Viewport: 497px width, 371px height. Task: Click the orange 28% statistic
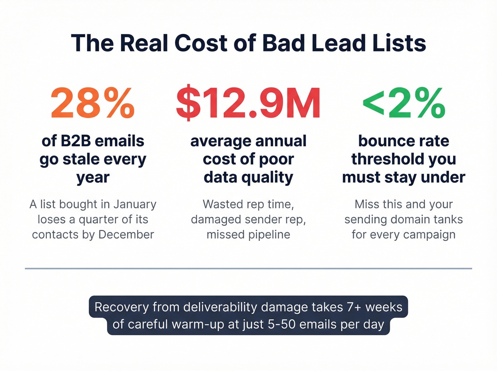[x=93, y=103]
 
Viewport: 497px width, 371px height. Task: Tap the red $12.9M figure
[x=248, y=103]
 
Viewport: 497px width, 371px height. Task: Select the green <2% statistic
[x=404, y=103]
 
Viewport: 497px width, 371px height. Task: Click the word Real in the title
[x=144, y=43]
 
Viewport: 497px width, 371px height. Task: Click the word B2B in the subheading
[x=76, y=141]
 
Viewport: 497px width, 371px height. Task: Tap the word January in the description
[x=135, y=204]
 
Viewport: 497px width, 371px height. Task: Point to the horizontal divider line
[x=248, y=268]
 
